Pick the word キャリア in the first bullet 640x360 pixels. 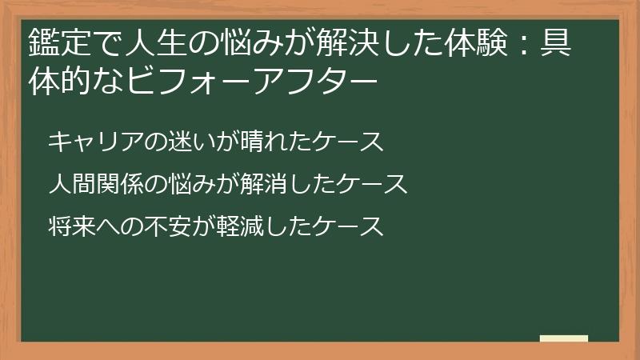[97, 142]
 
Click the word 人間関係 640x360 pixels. [97, 184]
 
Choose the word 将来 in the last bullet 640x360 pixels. [72, 226]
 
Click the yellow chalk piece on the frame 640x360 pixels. [564, 338]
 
